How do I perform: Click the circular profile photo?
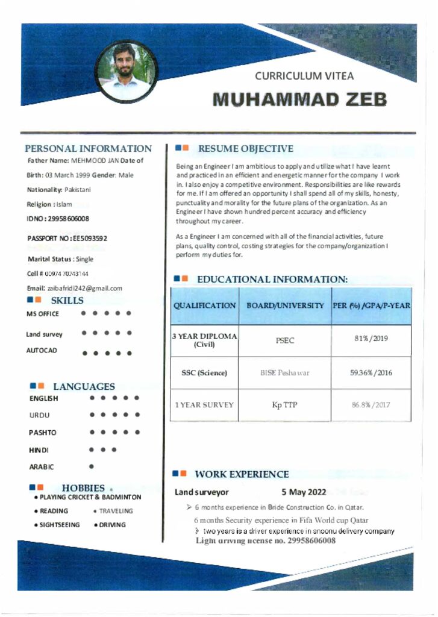click(x=126, y=70)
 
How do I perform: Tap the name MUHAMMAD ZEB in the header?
click(x=299, y=99)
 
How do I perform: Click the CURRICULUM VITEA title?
click(x=304, y=76)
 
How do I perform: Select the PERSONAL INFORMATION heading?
click(x=89, y=148)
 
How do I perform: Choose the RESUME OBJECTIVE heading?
click(x=245, y=148)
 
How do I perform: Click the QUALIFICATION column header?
click(x=205, y=305)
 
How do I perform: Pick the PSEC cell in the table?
click(x=285, y=340)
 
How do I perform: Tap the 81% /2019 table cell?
click(x=372, y=338)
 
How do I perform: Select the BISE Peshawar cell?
click(x=284, y=373)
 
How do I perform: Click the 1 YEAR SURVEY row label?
click(x=204, y=405)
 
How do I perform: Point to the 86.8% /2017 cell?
click(x=371, y=405)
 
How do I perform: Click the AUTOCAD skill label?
click(x=42, y=351)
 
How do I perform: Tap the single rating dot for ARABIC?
click(x=91, y=466)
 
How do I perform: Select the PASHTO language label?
click(x=43, y=433)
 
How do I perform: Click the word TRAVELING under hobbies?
click(x=116, y=511)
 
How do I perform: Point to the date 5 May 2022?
click(x=304, y=492)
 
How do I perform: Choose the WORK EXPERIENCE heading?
click(x=242, y=474)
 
